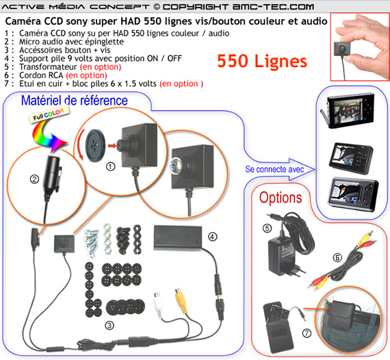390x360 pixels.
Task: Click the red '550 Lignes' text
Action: pyautogui.click(x=262, y=61)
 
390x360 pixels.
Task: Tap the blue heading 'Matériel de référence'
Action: pyautogui.click(x=75, y=101)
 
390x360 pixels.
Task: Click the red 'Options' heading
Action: pyautogui.click(x=281, y=198)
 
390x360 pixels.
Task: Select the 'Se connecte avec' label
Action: pyautogui.click(x=274, y=170)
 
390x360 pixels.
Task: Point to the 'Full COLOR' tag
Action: pyautogui.click(x=49, y=114)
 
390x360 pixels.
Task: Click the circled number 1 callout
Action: pyautogui.click(x=110, y=166)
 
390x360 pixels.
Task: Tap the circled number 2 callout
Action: pyautogui.click(x=34, y=179)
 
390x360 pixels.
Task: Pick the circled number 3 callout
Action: pyautogui.click(x=109, y=325)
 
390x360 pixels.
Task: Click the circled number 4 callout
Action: pyautogui.click(x=212, y=236)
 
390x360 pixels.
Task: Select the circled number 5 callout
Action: pyautogui.click(x=267, y=228)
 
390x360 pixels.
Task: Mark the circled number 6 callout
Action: pyautogui.click(x=337, y=258)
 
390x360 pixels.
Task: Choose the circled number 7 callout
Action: pyautogui.click(x=307, y=333)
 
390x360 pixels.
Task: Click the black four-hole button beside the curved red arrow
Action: pyautogui.click(x=95, y=145)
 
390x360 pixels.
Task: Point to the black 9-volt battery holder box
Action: pyautogui.click(x=178, y=237)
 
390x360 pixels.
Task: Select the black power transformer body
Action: pyautogui.click(x=281, y=256)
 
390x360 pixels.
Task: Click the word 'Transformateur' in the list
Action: pyautogui.click(x=49, y=67)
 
